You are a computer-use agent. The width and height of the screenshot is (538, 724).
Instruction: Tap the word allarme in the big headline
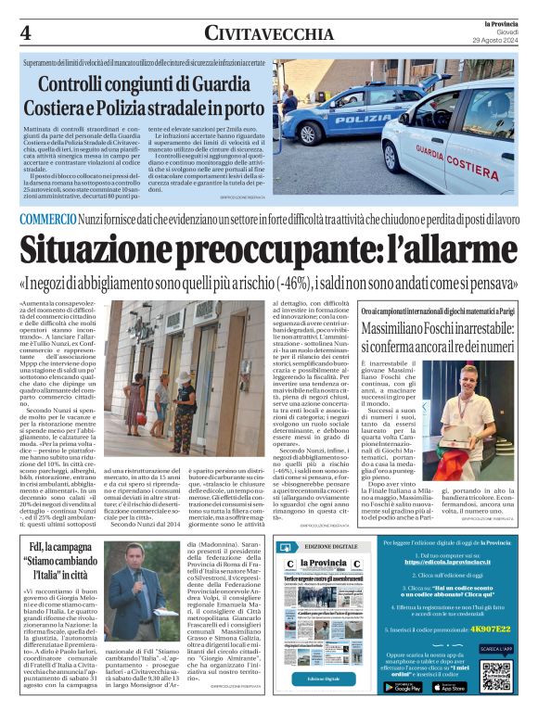[462, 249]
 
